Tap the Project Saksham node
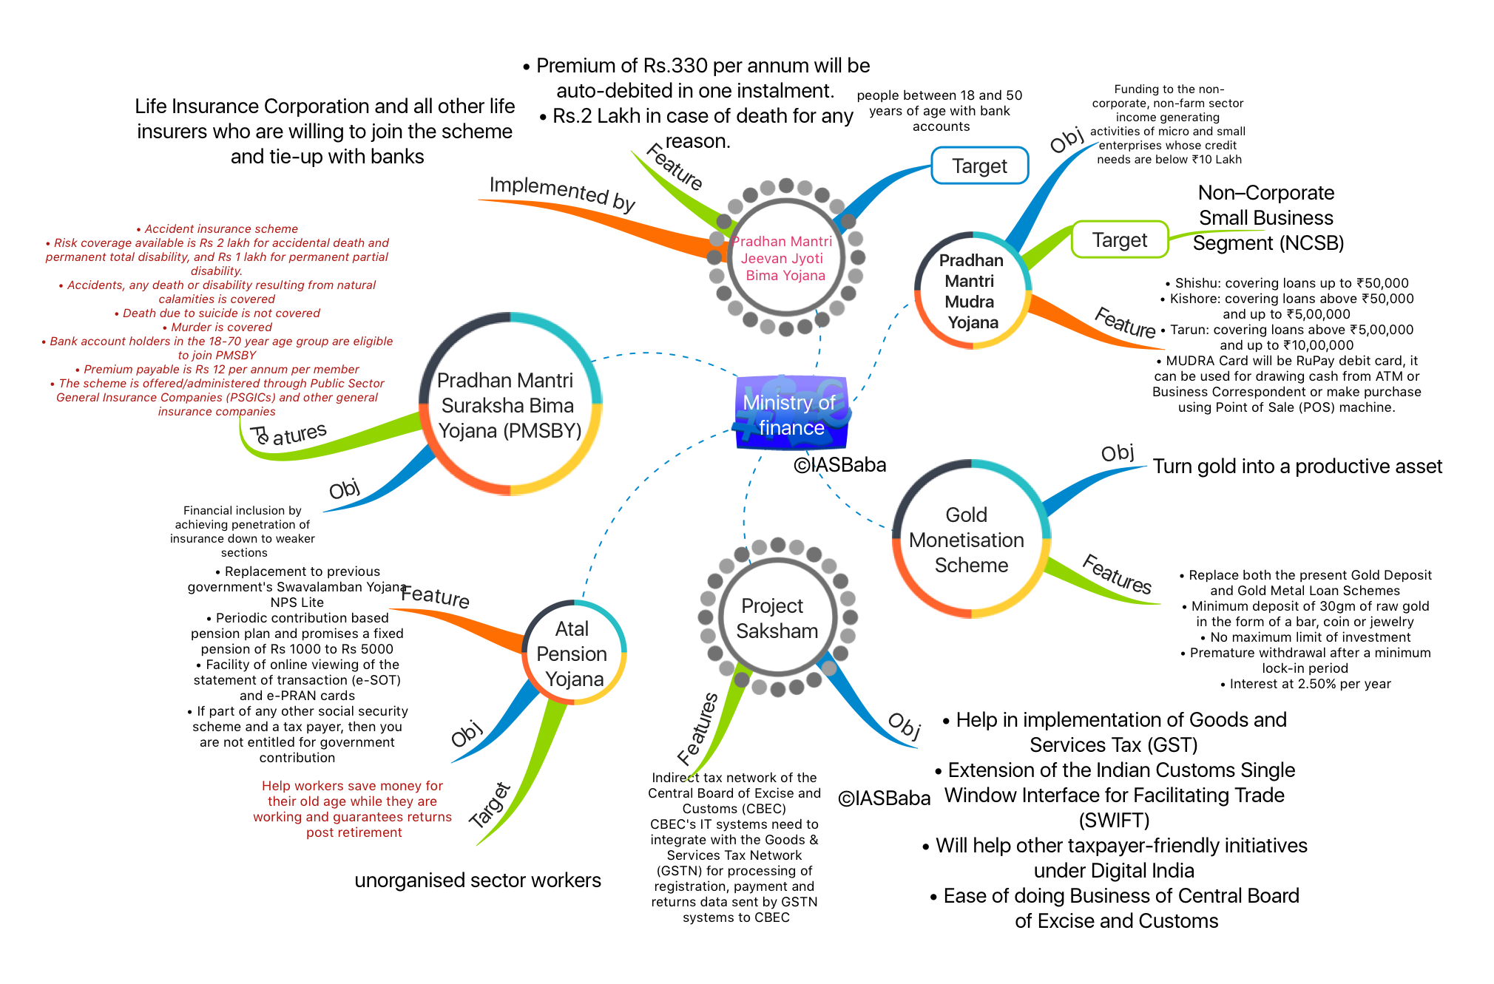point(777,617)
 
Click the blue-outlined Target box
point(979,166)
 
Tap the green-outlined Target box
point(1120,240)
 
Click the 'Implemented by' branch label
point(562,194)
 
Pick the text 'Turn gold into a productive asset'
point(1297,466)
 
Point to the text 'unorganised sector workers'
point(478,880)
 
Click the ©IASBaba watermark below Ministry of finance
point(839,465)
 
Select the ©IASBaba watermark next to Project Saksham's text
point(884,798)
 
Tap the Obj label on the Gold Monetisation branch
point(1117,452)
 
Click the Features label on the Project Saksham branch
point(697,729)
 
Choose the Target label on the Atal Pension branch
point(490,804)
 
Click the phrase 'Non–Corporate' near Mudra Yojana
point(1266,193)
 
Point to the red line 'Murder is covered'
point(217,327)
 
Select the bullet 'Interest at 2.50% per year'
point(1306,684)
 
